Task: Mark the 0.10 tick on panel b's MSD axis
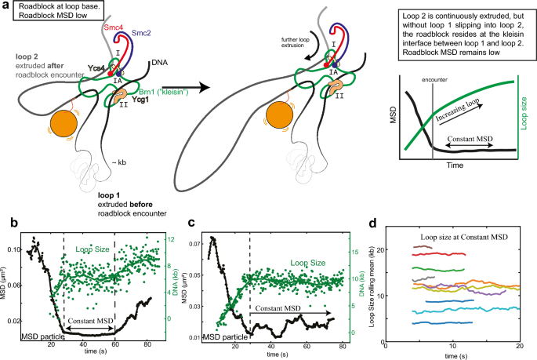tap(13, 249)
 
